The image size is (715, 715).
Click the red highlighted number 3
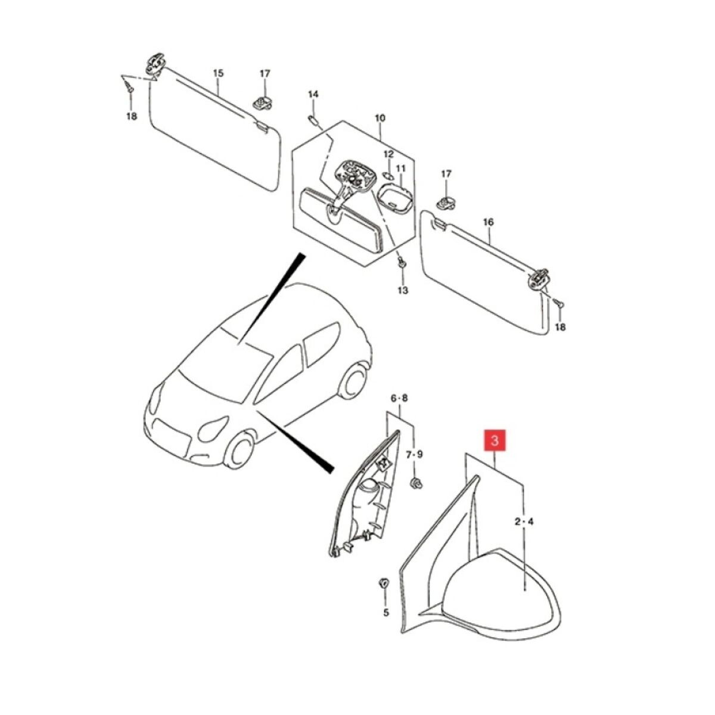pyautogui.click(x=495, y=441)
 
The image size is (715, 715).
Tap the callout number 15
pyautogui.click(x=219, y=73)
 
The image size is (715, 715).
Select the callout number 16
pyautogui.click(x=489, y=222)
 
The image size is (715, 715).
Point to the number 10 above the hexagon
pyautogui.click(x=380, y=119)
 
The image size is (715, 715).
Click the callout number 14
pyautogui.click(x=313, y=94)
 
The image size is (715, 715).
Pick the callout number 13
pyautogui.click(x=403, y=290)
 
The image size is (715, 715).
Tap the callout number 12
pyautogui.click(x=388, y=154)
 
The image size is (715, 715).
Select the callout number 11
pyautogui.click(x=401, y=169)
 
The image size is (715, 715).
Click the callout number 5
pyautogui.click(x=386, y=613)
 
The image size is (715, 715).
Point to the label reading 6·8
pyautogui.click(x=399, y=398)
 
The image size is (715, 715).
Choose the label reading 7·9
pyautogui.click(x=414, y=454)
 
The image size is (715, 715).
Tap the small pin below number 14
pyautogui.click(x=312, y=120)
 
